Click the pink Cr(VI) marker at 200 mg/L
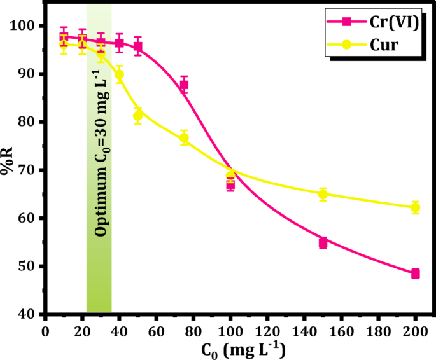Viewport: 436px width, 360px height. click(416, 273)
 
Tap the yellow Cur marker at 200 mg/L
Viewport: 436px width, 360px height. click(416, 207)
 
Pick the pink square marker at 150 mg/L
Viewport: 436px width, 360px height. click(323, 242)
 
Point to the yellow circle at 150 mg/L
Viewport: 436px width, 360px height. click(323, 194)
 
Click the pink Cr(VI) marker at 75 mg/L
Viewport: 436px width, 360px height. click(184, 85)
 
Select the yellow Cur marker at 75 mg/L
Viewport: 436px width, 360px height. click(184, 138)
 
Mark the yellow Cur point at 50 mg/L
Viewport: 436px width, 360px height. click(137, 116)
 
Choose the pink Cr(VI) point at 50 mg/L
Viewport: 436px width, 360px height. click(137, 47)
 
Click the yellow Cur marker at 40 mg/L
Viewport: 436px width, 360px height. click(119, 74)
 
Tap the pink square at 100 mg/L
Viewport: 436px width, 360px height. click(230, 185)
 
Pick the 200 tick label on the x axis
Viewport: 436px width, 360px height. click(416, 331)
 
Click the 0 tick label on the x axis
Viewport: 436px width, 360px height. click(45, 331)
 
